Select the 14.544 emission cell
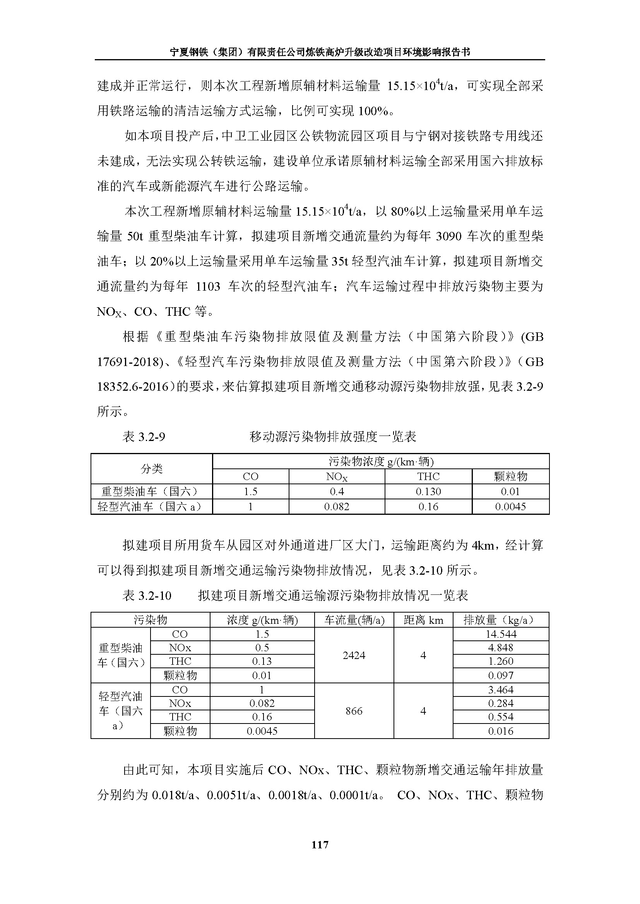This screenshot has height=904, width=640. (501, 634)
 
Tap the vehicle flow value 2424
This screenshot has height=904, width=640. (354, 655)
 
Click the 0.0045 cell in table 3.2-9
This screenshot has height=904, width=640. (510, 507)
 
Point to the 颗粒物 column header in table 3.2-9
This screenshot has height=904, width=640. (510, 477)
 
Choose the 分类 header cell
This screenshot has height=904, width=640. (152, 468)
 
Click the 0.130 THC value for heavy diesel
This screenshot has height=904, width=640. (428, 491)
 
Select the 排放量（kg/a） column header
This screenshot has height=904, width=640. (501, 620)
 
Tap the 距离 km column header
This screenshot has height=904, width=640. (423, 620)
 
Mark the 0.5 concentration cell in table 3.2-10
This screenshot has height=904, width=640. (262, 648)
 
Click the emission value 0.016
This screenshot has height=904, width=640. (501, 731)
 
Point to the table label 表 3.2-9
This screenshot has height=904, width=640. (144, 437)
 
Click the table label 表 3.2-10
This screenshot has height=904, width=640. (147, 596)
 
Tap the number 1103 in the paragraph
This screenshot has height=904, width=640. (208, 286)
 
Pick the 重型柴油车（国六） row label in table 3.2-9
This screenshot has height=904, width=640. (150, 491)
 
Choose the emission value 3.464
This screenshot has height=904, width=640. (501, 689)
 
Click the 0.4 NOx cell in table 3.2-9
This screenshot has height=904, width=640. (337, 491)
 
